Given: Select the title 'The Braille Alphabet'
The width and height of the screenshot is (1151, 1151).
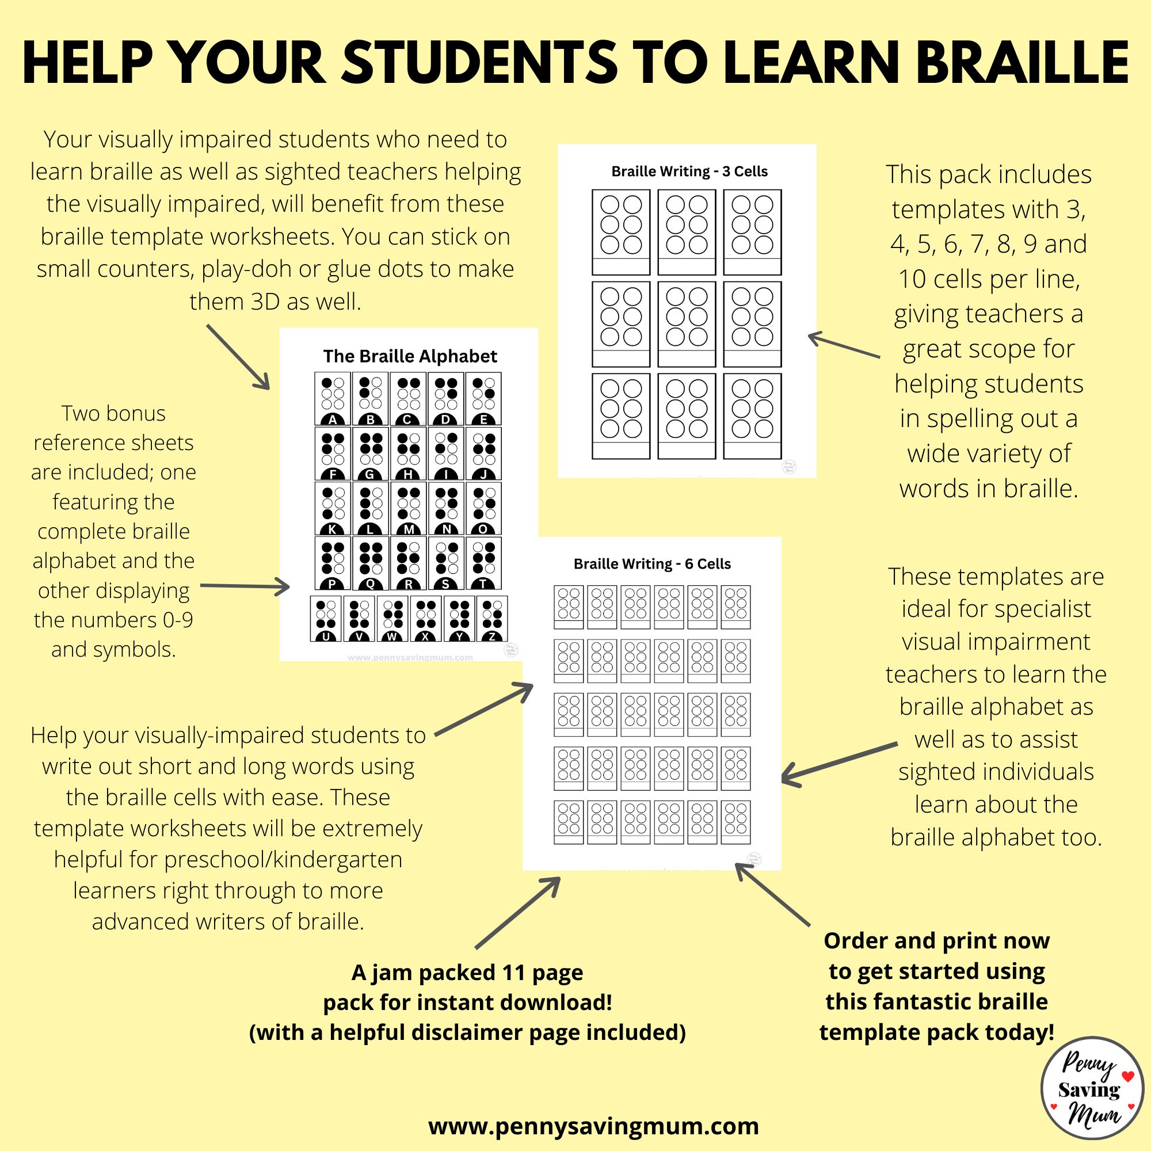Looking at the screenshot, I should tap(410, 356).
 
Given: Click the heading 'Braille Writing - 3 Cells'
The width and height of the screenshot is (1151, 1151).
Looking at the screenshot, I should tap(689, 171).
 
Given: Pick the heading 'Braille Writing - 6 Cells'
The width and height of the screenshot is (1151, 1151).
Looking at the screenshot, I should tap(652, 563).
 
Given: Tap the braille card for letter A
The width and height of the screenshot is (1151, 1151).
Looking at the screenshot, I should tap(333, 398).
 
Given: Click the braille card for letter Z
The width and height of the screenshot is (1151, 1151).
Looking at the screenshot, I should tap(491, 619).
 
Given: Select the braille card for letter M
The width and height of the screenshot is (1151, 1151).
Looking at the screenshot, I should tap(408, 508).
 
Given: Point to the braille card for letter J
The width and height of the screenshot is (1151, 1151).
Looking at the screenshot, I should tap(483, 453).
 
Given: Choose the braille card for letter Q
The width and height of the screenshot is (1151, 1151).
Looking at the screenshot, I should tap(370, 563).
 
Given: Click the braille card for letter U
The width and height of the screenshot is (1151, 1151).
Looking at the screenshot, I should tap(325, 619).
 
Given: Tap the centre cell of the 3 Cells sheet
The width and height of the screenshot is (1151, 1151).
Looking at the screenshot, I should tap(687, 323).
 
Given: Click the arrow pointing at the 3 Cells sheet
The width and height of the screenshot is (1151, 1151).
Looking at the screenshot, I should tap(843, 345).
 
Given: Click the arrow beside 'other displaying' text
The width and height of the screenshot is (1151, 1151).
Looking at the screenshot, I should tap(245, 587).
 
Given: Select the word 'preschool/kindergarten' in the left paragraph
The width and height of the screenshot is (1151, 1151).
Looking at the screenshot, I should tap(283, 859).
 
